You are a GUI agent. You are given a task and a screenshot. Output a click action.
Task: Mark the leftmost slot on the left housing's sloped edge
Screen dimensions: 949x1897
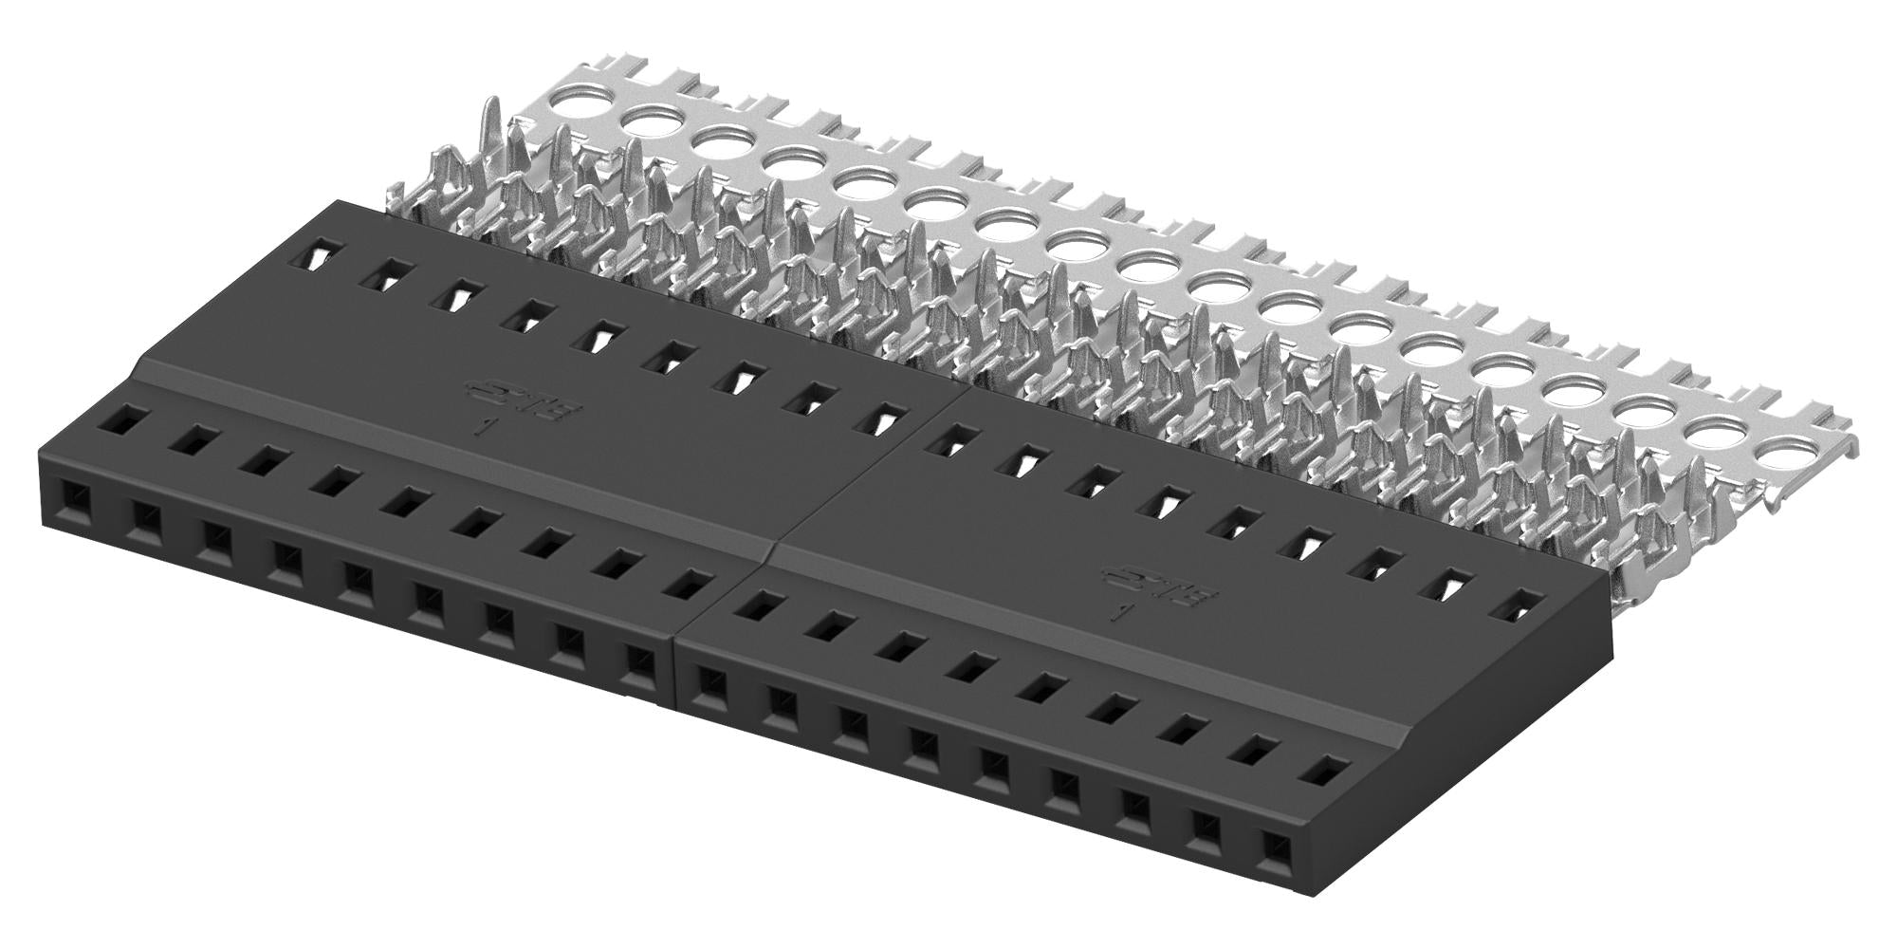[x=122, y=418]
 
